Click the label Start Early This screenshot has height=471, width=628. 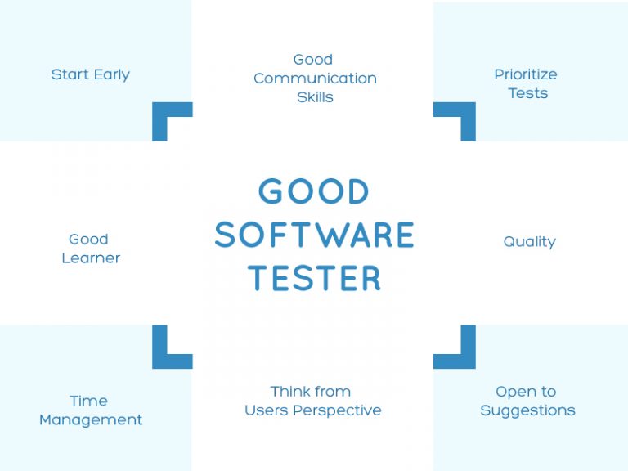(x=90, y=74)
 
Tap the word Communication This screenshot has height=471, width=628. (x=315, y=78)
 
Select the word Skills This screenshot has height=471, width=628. (x=315, y=97)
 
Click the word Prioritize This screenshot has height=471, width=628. (x=526, y=74)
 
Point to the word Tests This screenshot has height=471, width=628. (x=528, y=93)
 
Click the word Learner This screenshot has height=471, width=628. (x=91, y=258)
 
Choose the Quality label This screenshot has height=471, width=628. (x=529, y=242)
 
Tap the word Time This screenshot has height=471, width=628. (x=88, y=401)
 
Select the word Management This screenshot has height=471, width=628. (x=91, y=420)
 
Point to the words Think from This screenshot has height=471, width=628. (x=311, y=392)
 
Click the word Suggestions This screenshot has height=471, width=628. (x=527, y=410)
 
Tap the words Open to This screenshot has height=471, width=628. (x=526, y=392)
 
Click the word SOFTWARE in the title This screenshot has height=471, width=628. (x=315, y=235)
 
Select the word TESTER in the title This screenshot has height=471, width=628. (x=315, y=278)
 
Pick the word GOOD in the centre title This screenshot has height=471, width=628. (x=315, y=193)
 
